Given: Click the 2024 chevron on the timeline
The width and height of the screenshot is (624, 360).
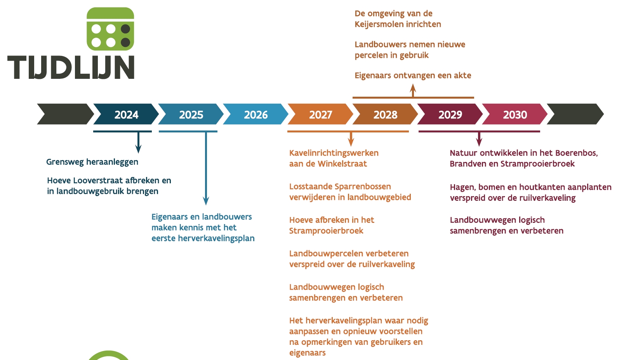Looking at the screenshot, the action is [x=126, y=114].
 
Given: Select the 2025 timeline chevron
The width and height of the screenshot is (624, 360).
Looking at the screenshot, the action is [x=191, y=114].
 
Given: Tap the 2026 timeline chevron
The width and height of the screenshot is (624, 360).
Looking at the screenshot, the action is [x=256, y=114].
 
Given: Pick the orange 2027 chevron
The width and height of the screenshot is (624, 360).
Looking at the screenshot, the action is [x=321, y=114].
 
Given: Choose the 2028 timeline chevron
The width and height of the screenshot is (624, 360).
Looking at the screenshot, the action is [x=385, y=114].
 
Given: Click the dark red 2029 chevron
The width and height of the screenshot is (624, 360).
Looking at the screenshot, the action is [x=450, y=114].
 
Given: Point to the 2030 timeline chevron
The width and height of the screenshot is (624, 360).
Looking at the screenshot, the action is [x=515, y=114].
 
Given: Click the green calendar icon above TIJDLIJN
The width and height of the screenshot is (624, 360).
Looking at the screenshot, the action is [x=110, y=29].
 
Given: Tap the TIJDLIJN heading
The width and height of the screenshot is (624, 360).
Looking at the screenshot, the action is [x=71, y=68].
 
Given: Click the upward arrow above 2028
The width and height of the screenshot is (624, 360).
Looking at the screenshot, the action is [x=413, y=91].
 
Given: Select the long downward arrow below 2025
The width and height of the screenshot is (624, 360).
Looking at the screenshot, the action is [x=206, y=168].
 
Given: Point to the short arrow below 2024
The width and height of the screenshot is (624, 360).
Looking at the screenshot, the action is [x=139, y=143].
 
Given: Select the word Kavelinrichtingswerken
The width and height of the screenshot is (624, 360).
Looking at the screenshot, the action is [x=334, y=153].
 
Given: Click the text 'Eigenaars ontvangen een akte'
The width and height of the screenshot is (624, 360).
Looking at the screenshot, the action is [x=413, y=75].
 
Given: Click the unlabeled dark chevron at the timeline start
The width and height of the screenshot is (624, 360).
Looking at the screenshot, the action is [x=66, y=114].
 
